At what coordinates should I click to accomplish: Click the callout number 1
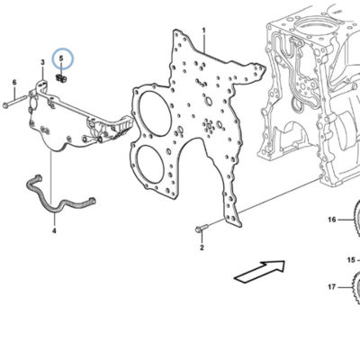pyautogui.click(x=204, y=31)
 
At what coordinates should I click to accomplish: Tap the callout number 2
pyautogui.click(x=202, y=247)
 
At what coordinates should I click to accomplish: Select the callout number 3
pyautogui.click(x=42, y=62)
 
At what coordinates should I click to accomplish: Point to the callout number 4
pyautogui.click(x=54, y=230)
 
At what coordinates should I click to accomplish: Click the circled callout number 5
pyautogui.click(x=61, y=58)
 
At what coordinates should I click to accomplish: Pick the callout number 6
pyautogui.click(x=14, y=82)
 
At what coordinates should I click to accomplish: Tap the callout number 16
pyautogui.click(x=332, y=220)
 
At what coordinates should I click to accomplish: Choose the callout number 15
pyautogui.click(x=351, y=260)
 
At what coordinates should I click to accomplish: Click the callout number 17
pyautogui.click(x=331, y=287)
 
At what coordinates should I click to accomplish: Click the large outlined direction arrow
pyautogui.click(x=260, y=271)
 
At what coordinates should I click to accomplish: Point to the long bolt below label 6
pyautogui.click(x=16, y=102)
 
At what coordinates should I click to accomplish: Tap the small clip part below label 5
pyautogui.click(x=61, y=79)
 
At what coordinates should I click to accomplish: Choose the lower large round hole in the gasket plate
pyautogui.click(x=151, y=166)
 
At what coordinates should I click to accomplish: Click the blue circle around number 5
pyautogui.click(x=63, y=58)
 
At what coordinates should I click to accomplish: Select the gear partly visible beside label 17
pyautogui.click(x=356, y=287)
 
